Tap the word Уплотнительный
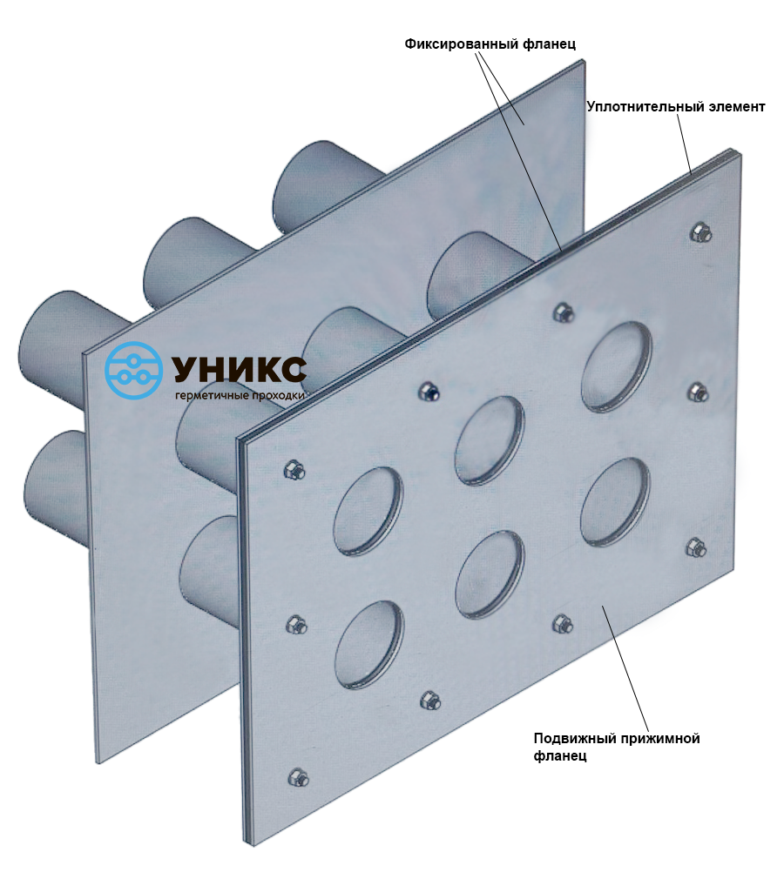click(x=639, y=107)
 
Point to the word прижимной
click(x=654, y=739)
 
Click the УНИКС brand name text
click(x=239, y=369)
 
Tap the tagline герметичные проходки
click(x=240, y=395)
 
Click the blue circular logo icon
click(x=133, y=370)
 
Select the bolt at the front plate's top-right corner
click(x=700, y=232)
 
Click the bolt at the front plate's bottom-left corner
click(x=296, y=776)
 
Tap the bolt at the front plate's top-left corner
click(x=294, y=471)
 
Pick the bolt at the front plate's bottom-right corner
click(x=696, y=547)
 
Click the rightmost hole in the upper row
click(x=617, y=366)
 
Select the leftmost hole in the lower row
click(x=368, y=645)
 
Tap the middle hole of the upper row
click(x=489, y=439)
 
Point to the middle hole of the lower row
click(x=489, y=575)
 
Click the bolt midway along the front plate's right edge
click(x=698, y=392)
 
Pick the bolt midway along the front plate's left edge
click(x=296, y=624)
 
